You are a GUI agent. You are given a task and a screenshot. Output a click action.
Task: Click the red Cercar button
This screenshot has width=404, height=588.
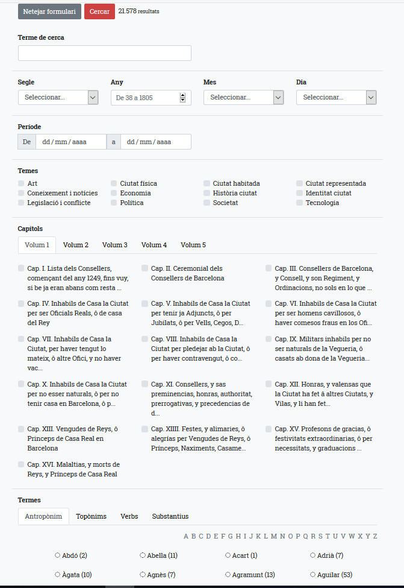coord(99,11)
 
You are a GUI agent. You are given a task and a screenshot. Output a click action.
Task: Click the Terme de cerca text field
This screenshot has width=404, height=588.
coord(105,53)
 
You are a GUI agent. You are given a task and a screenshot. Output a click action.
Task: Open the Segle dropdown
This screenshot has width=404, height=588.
coord(58,97)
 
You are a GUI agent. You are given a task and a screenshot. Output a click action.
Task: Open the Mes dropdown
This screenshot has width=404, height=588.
coord(243,97)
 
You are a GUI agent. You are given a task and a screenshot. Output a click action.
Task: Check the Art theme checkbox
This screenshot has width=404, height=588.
coord(22,183)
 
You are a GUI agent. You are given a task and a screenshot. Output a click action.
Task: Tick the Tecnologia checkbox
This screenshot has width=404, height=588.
coord(300,203)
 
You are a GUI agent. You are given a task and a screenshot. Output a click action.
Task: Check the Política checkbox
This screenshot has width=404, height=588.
coord(114,203)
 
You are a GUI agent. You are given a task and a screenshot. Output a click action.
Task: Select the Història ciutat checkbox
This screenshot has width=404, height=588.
coord(207,193)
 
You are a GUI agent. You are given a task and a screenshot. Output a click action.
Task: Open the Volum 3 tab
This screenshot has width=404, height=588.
coord(115,245)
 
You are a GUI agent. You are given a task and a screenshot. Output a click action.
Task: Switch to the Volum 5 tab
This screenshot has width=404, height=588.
coord(193,245)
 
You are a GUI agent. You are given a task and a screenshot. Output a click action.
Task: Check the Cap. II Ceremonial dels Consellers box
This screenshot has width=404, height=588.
coord(145,268)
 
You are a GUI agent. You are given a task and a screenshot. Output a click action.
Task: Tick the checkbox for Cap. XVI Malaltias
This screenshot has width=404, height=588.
coord(22,464)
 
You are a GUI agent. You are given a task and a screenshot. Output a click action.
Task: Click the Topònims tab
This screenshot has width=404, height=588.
coord(91,516)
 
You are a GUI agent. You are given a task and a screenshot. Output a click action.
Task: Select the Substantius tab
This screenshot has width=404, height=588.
coord(170,516)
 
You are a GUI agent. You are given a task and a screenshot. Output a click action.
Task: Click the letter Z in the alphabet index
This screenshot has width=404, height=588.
coord(375,536)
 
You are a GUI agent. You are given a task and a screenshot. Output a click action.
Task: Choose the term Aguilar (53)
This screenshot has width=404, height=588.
coord(331,575)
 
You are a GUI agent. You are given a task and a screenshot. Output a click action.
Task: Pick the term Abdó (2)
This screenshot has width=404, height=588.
coord(71,555)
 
